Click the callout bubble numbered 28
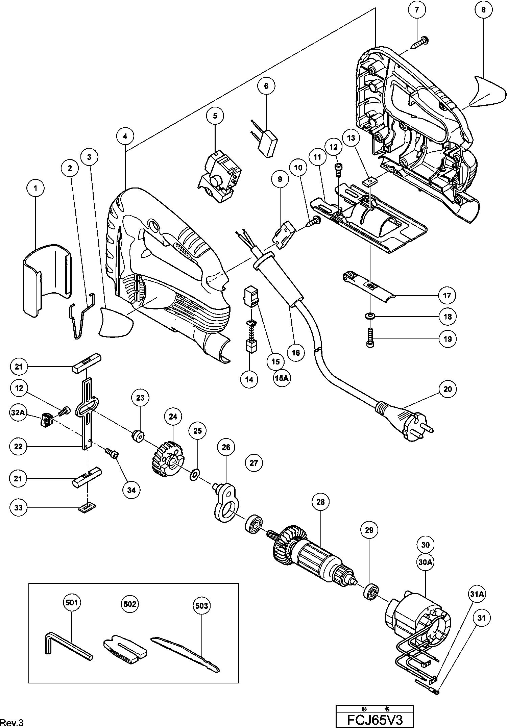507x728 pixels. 320,511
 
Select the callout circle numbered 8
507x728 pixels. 483,10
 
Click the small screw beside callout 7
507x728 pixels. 420,43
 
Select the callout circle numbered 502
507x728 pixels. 130,604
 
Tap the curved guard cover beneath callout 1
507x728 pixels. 47,279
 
